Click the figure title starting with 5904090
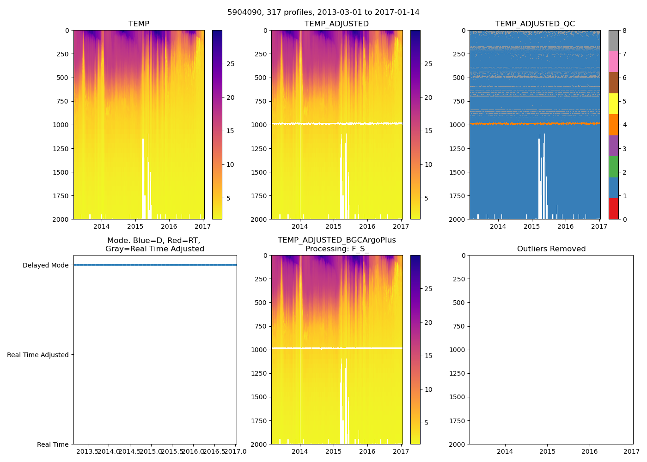click(323, 12)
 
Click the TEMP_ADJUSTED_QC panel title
click(535, 24)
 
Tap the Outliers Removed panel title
click(551, 249)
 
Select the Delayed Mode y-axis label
click(45, 265)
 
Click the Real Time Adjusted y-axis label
click(38, 355)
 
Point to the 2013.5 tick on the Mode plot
click(87, 451)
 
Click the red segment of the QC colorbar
click(613, 208)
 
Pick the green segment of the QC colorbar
click(613, 166)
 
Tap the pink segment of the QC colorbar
click(613, 61)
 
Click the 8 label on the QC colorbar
click(624, 30)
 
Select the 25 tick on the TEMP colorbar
click(230, 64)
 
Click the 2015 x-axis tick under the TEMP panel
click(135, 226)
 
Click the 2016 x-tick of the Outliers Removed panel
click(590, 451)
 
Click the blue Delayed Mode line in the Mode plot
click(155, 265)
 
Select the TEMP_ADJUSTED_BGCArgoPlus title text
click(336, 240)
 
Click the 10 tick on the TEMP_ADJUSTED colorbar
click(428, 164)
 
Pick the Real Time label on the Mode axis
click(53, 444)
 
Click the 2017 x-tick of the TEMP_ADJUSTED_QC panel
click(599, 226)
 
